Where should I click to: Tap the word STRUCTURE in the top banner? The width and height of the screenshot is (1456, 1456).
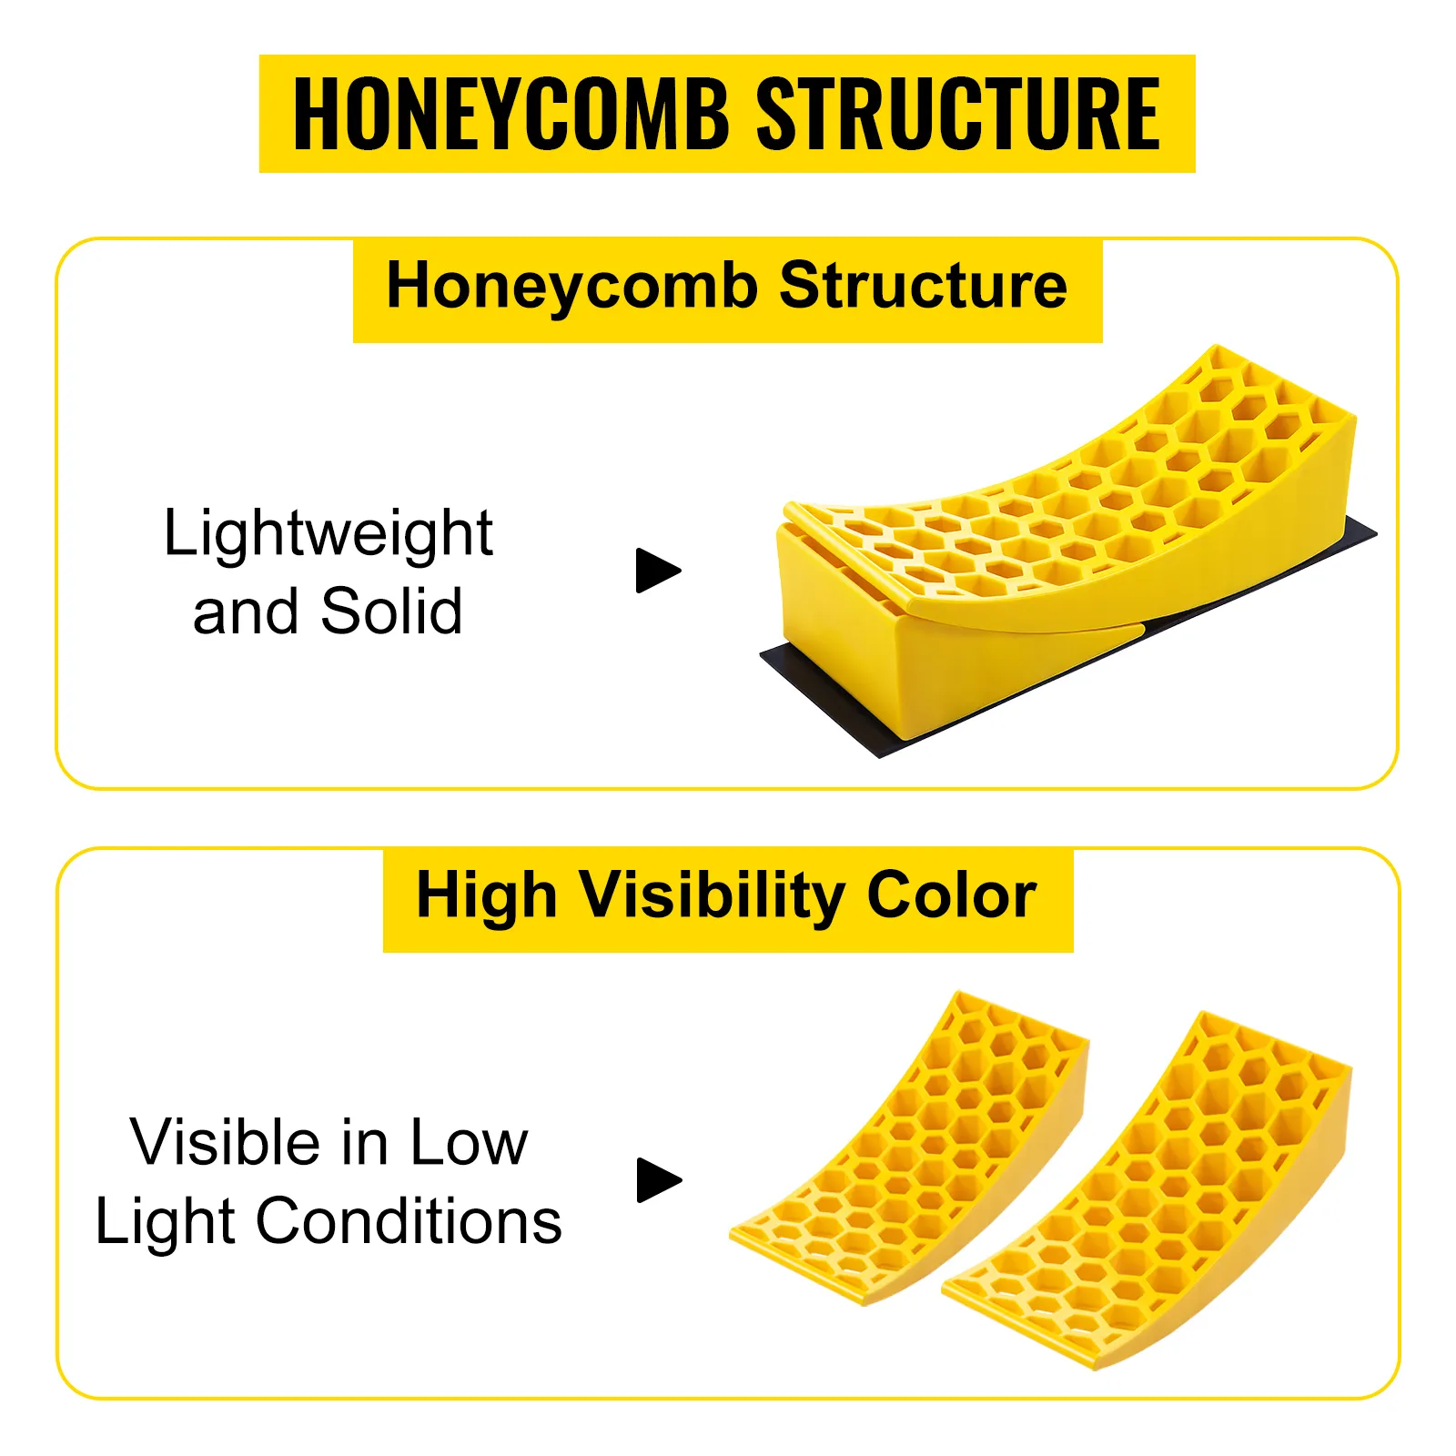(x=958, y=114)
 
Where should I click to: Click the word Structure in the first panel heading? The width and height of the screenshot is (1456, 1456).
(x=924, y=285)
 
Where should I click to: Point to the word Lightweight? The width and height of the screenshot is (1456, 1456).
(x=329, y=535)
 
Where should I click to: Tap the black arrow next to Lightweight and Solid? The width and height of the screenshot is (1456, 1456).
(x=658, y=571)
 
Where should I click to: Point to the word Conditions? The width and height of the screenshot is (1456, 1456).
(x=409, y=1220)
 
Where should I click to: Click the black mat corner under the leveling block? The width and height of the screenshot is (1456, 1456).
(x=879, y=755)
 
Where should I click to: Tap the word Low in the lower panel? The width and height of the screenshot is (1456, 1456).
(x=469, y=1142)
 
